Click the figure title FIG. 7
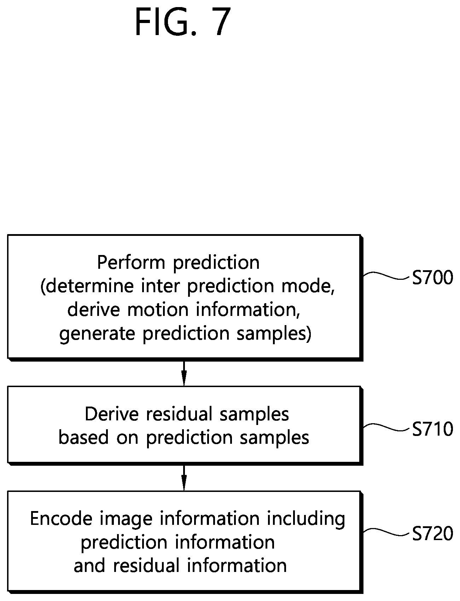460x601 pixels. tap(183, 22)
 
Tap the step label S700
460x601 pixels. tap(432, 278)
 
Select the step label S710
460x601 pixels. tap(432, 429)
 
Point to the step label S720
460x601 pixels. tap(432, 533)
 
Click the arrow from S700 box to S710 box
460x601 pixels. tap(184, 373)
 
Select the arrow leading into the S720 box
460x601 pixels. tap(184, 477)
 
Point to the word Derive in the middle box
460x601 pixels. tap(113, 414)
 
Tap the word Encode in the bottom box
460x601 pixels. tap(61, 519)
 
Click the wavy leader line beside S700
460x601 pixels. tap(386, 276)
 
